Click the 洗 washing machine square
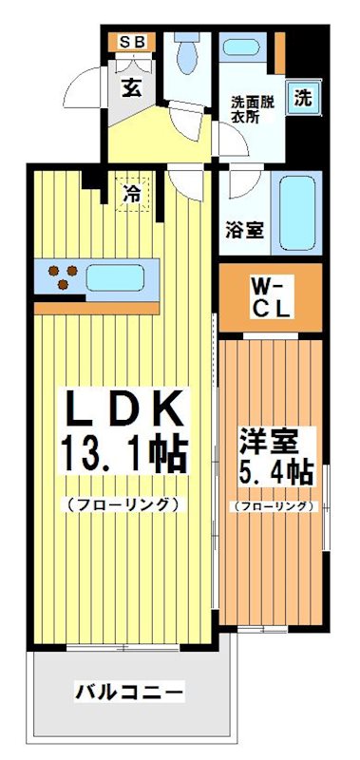(x=301, y=96)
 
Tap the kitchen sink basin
(x=116, y=277)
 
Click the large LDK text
(x=123, y=409)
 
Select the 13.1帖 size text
(x=123, y=452)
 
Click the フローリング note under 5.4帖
(x=273, y=506)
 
